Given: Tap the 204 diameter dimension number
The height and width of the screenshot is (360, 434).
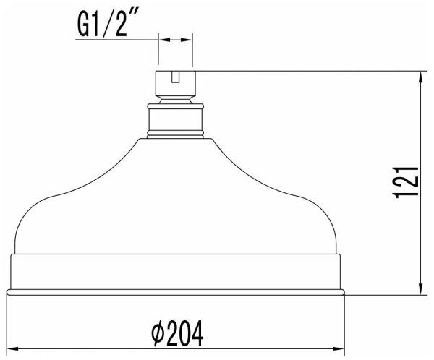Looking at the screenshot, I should click(x=185, y=333).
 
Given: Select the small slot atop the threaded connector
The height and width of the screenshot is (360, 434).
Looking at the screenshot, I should click(x=175, y=76).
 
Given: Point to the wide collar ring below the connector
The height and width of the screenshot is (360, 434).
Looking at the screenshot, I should click(x=175, y=120).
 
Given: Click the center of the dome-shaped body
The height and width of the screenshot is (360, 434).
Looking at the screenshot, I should click(x=175, y=202).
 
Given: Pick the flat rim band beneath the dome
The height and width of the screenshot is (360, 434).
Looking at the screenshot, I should click(x=175, y=272).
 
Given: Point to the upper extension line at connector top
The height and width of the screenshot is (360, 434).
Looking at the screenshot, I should click(x=304, y=70).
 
